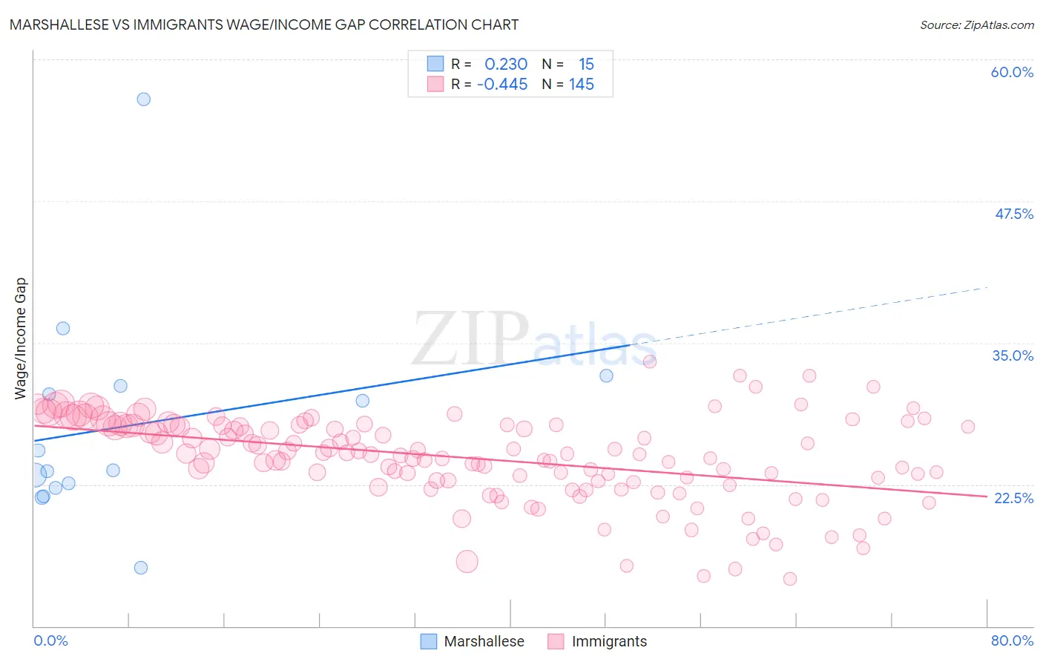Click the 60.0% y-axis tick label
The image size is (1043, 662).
(x=1012, y=72)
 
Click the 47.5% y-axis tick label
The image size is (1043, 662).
(x=1013, y=214)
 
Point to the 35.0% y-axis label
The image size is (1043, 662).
(x=1013, y=355)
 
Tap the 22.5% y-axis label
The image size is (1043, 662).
(x=1013, y=498)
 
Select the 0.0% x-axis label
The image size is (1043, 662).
(x=51, y=640)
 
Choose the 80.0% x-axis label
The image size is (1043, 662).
(x=1012, y=640)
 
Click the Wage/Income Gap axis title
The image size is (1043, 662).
(x=20, y=338)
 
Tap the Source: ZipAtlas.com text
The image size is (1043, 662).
(x=976, y=25)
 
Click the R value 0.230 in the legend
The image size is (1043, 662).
(x=506, y=65)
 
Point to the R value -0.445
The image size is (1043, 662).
(x=502, y=85)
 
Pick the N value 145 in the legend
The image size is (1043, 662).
(x=582, y=85)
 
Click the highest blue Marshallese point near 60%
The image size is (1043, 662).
(x=144, y=99)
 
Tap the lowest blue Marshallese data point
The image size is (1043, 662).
(x=141, y=568)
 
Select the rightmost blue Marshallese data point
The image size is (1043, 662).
(x=606, y=376)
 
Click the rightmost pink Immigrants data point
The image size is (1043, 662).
(x=967, y=427)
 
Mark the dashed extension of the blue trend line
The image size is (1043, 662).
(x=816, y=314)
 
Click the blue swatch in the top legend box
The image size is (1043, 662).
(x=435, y=64)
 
